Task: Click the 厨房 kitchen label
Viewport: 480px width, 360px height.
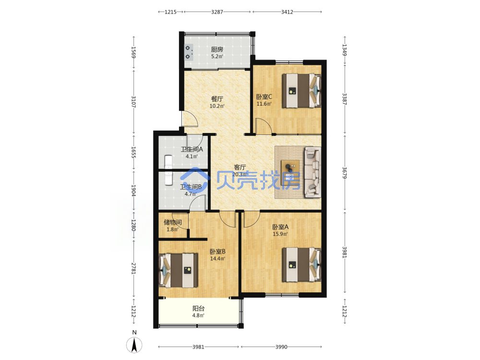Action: click(217, 49)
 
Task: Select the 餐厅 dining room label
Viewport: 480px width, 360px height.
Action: click(217, 99)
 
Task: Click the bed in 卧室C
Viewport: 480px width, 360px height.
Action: click(301, 91)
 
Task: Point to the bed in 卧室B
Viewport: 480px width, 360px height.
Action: click(178, 270)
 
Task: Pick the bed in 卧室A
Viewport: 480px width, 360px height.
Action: click(301, 264)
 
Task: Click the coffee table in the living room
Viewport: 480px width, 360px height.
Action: click(290, 173)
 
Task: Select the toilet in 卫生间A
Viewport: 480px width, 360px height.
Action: click(168, 162)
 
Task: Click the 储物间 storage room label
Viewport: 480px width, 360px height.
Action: click(173, 222)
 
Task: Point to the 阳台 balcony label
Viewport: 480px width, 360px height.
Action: click(198, 308)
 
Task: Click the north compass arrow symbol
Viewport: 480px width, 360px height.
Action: click(134, 345)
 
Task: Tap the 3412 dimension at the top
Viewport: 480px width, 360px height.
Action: click(287, 12)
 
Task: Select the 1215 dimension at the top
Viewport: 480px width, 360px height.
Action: click(170, 12)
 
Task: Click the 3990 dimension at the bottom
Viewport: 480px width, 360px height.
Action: click(281, 347)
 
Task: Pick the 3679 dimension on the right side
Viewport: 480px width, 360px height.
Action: click(344, 173)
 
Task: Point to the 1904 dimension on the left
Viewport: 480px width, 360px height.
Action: click(133, 191)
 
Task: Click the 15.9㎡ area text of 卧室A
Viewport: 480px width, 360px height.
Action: click(280, 234)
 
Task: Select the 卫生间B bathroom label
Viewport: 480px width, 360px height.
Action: click(191, 187)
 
